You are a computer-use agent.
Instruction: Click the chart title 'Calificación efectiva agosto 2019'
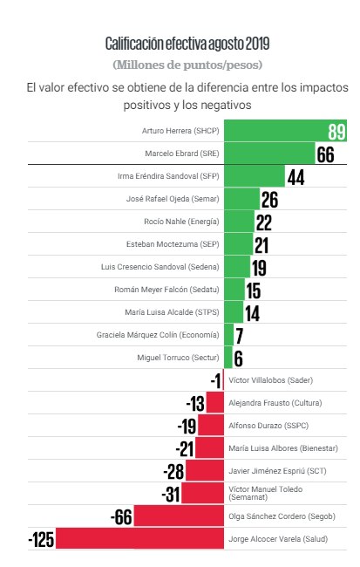tap(187, 44)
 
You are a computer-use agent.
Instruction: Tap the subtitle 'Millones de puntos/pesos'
tap(187, 65)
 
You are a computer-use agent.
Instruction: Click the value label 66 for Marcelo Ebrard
tap(325, 154)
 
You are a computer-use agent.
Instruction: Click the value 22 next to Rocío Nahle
tap(265, 222)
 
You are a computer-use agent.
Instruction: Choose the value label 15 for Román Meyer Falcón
tap(254, 290)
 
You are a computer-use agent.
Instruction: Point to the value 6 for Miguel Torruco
tap(238, 358)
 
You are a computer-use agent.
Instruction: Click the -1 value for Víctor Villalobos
tap(215, 380)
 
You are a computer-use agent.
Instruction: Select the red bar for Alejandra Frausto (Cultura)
tap(214, 403)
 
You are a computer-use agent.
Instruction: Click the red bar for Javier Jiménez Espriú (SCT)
tap(204, 471)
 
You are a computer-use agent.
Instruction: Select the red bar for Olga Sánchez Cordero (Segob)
tap(180, 516)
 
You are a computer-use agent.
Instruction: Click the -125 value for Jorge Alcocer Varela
tap(41, 539)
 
